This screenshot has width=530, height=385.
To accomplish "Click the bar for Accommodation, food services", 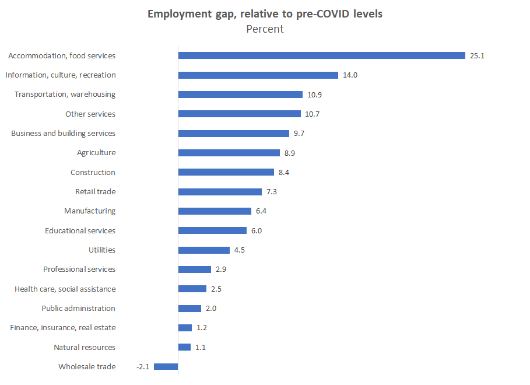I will pyautogui.click(x=321, y=55).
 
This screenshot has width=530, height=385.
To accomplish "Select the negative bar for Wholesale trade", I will pyautogui.click(x=166, y=366).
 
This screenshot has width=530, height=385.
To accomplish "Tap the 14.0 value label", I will pyautogui.click(x=350, y=75).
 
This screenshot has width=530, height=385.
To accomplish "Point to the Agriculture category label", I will pyautogui.click(x=96, y=153).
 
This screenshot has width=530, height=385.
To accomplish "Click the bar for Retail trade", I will pyautogui.click(x=220, y=191).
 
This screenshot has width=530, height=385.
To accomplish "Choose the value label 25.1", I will pyautogui.click(x=477, y=55).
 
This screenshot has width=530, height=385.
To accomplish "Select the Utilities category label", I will pyautogui.click(x=101, y=250).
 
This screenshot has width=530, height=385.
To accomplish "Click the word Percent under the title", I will pyautogui.click(x=265, y=29).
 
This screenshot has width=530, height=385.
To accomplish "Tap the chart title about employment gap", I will pyautogui.click(x=265, y=13).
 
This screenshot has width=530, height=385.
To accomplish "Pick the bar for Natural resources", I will pyautogui.click(x=184, y=347).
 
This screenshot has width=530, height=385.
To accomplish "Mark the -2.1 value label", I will pyautogui.click(x=143, y=366).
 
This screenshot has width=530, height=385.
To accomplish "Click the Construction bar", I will pyautogui.click(x=226, y=172).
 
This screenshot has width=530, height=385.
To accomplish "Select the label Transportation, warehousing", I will pyautogui.click(x=65, y=94).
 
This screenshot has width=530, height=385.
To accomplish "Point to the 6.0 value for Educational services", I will pyautogui.click(x=256, y=230).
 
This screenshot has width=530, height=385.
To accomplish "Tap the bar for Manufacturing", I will pyautogui.click(x=214, y=211).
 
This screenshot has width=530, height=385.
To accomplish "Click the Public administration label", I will pyautogui.click(x=78, y=308).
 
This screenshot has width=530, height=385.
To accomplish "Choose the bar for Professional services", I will pyautogui.click(x=194, y=269).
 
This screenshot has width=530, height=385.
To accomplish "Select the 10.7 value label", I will pyautogui.click(x=312, y=114).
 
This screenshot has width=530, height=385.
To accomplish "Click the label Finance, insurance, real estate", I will pyautogui.click(x=62, y=328).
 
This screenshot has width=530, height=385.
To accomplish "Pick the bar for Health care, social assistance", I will pyautogui.click(x=192, y=289).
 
